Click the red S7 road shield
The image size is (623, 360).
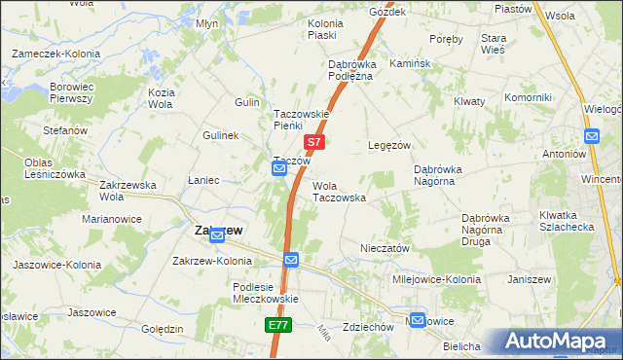(x=312, y=142)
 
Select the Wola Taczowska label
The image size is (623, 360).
(x=338, y=191)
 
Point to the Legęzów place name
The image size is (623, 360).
(x=386, y=145)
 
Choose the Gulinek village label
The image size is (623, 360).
(x=220, y=135)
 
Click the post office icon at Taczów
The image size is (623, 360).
(x=278, y=169)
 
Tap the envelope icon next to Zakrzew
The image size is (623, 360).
(x=219, y=234)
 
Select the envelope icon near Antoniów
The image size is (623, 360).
(x=591, y=136)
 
